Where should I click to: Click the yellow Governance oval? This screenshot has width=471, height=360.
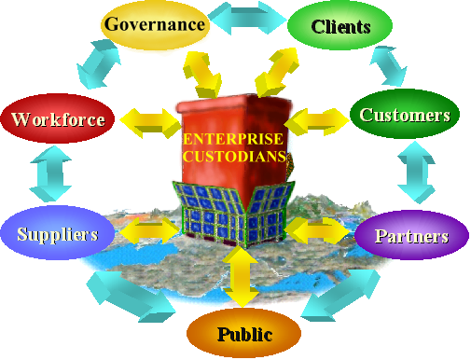(x=155, y=25)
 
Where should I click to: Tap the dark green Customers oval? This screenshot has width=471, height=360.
(x=406, y=116)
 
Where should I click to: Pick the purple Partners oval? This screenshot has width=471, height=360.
(x=410, y=235)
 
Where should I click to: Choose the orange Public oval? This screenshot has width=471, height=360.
(x=243, y=333)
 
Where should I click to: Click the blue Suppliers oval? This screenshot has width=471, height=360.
(x=56, y=233)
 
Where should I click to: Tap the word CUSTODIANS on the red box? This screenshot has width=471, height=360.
(x=234, y=156)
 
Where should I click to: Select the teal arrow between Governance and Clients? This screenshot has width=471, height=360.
(x=246, y=18)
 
